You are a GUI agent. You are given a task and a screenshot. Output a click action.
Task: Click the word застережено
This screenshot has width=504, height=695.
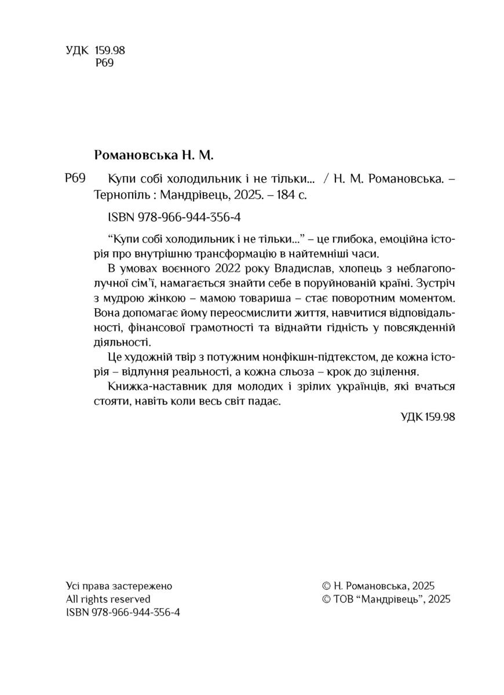pos(146,585)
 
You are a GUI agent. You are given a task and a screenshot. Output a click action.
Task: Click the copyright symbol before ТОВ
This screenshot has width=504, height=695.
pos(326,599)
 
